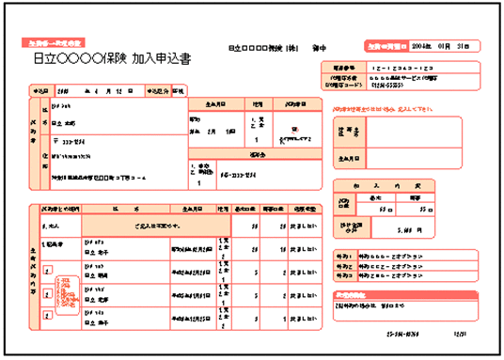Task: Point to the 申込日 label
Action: [39, 92]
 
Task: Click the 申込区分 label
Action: [157, 92]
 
